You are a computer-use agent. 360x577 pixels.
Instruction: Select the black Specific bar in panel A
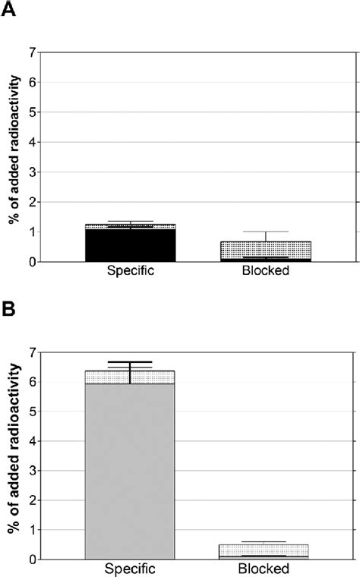[130, 245]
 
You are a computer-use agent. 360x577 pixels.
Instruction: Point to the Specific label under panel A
[130, 270]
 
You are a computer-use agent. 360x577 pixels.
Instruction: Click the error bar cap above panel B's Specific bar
[130, 362]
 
